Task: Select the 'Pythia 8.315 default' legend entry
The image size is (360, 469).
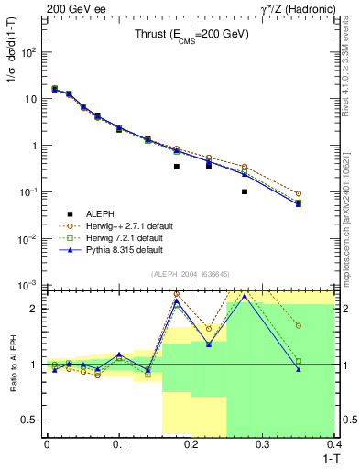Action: [117, 249]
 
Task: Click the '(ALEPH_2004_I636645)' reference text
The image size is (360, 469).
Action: [191, 274]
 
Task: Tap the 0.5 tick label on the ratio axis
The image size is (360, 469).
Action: [29, 420]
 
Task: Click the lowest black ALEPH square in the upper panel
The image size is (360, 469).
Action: [245, 191]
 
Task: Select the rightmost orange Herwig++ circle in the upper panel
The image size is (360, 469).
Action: [324, 193]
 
